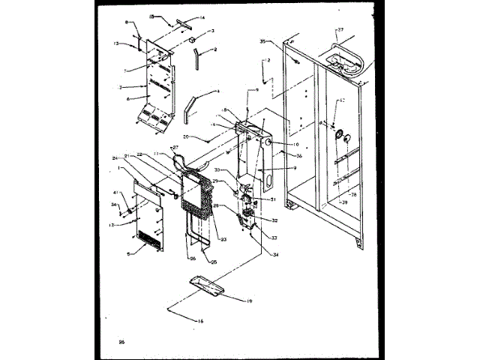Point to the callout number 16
(199, 320)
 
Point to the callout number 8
(127, 23)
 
